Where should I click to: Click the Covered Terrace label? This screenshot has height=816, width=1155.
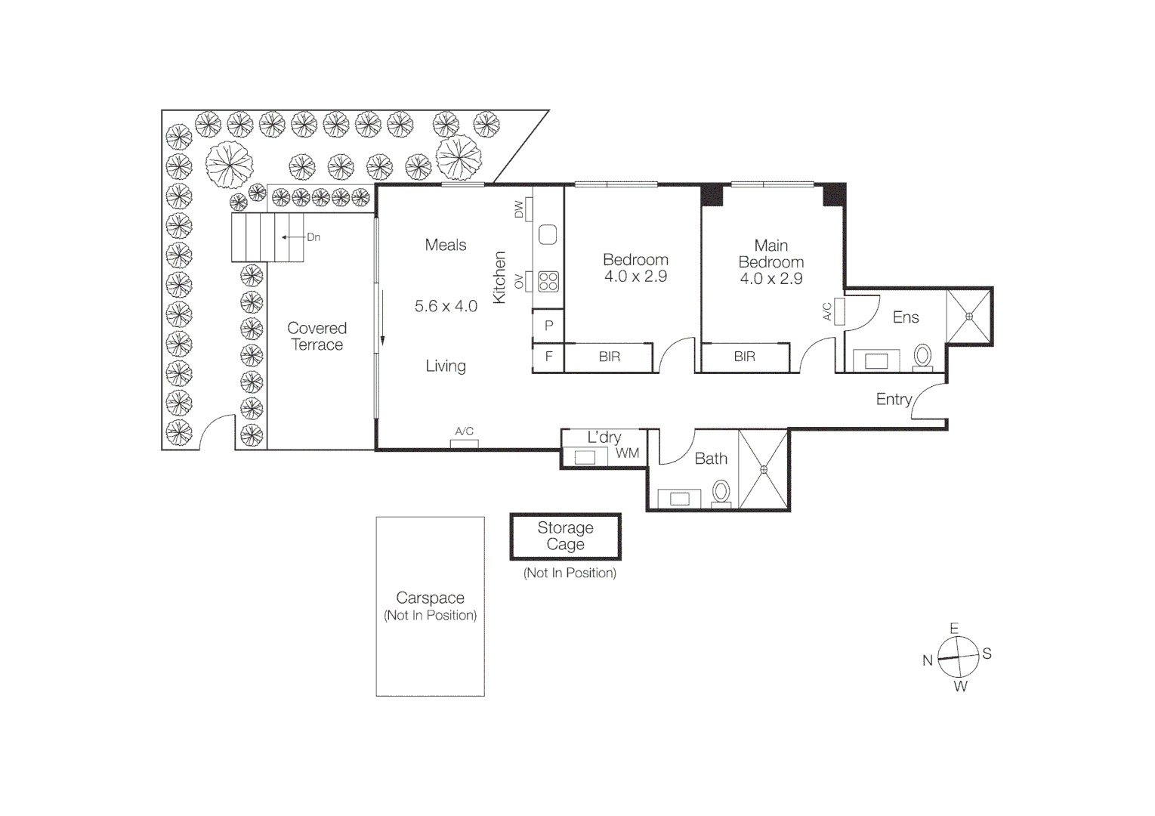coord(317,336)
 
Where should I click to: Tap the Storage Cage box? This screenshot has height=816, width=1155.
coord(565,536)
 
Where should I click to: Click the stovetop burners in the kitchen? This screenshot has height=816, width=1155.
coord(548,282)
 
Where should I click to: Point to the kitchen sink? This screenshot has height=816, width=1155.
coord(548,234)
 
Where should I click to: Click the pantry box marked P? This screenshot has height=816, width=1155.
coord(549,326)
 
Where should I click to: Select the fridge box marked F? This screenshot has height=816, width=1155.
coord(549,357)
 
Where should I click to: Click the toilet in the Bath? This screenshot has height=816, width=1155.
coord(721,492)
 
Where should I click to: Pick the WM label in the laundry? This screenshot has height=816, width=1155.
coord(627,453)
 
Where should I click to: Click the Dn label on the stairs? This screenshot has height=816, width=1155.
coord(313,237)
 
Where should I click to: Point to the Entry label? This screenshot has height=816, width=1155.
coord(894,399)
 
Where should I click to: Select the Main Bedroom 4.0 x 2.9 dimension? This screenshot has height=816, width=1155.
coord(771,279)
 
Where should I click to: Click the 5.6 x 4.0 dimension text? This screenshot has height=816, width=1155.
coord(446,306)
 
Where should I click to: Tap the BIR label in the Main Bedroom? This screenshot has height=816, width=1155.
coord(744,357)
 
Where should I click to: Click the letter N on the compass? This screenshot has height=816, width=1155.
coord(928,660)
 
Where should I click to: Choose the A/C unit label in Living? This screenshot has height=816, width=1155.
coord(464,431)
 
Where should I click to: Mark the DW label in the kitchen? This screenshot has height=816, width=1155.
coord(519,209)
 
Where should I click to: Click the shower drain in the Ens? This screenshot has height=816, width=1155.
coord(969,317)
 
